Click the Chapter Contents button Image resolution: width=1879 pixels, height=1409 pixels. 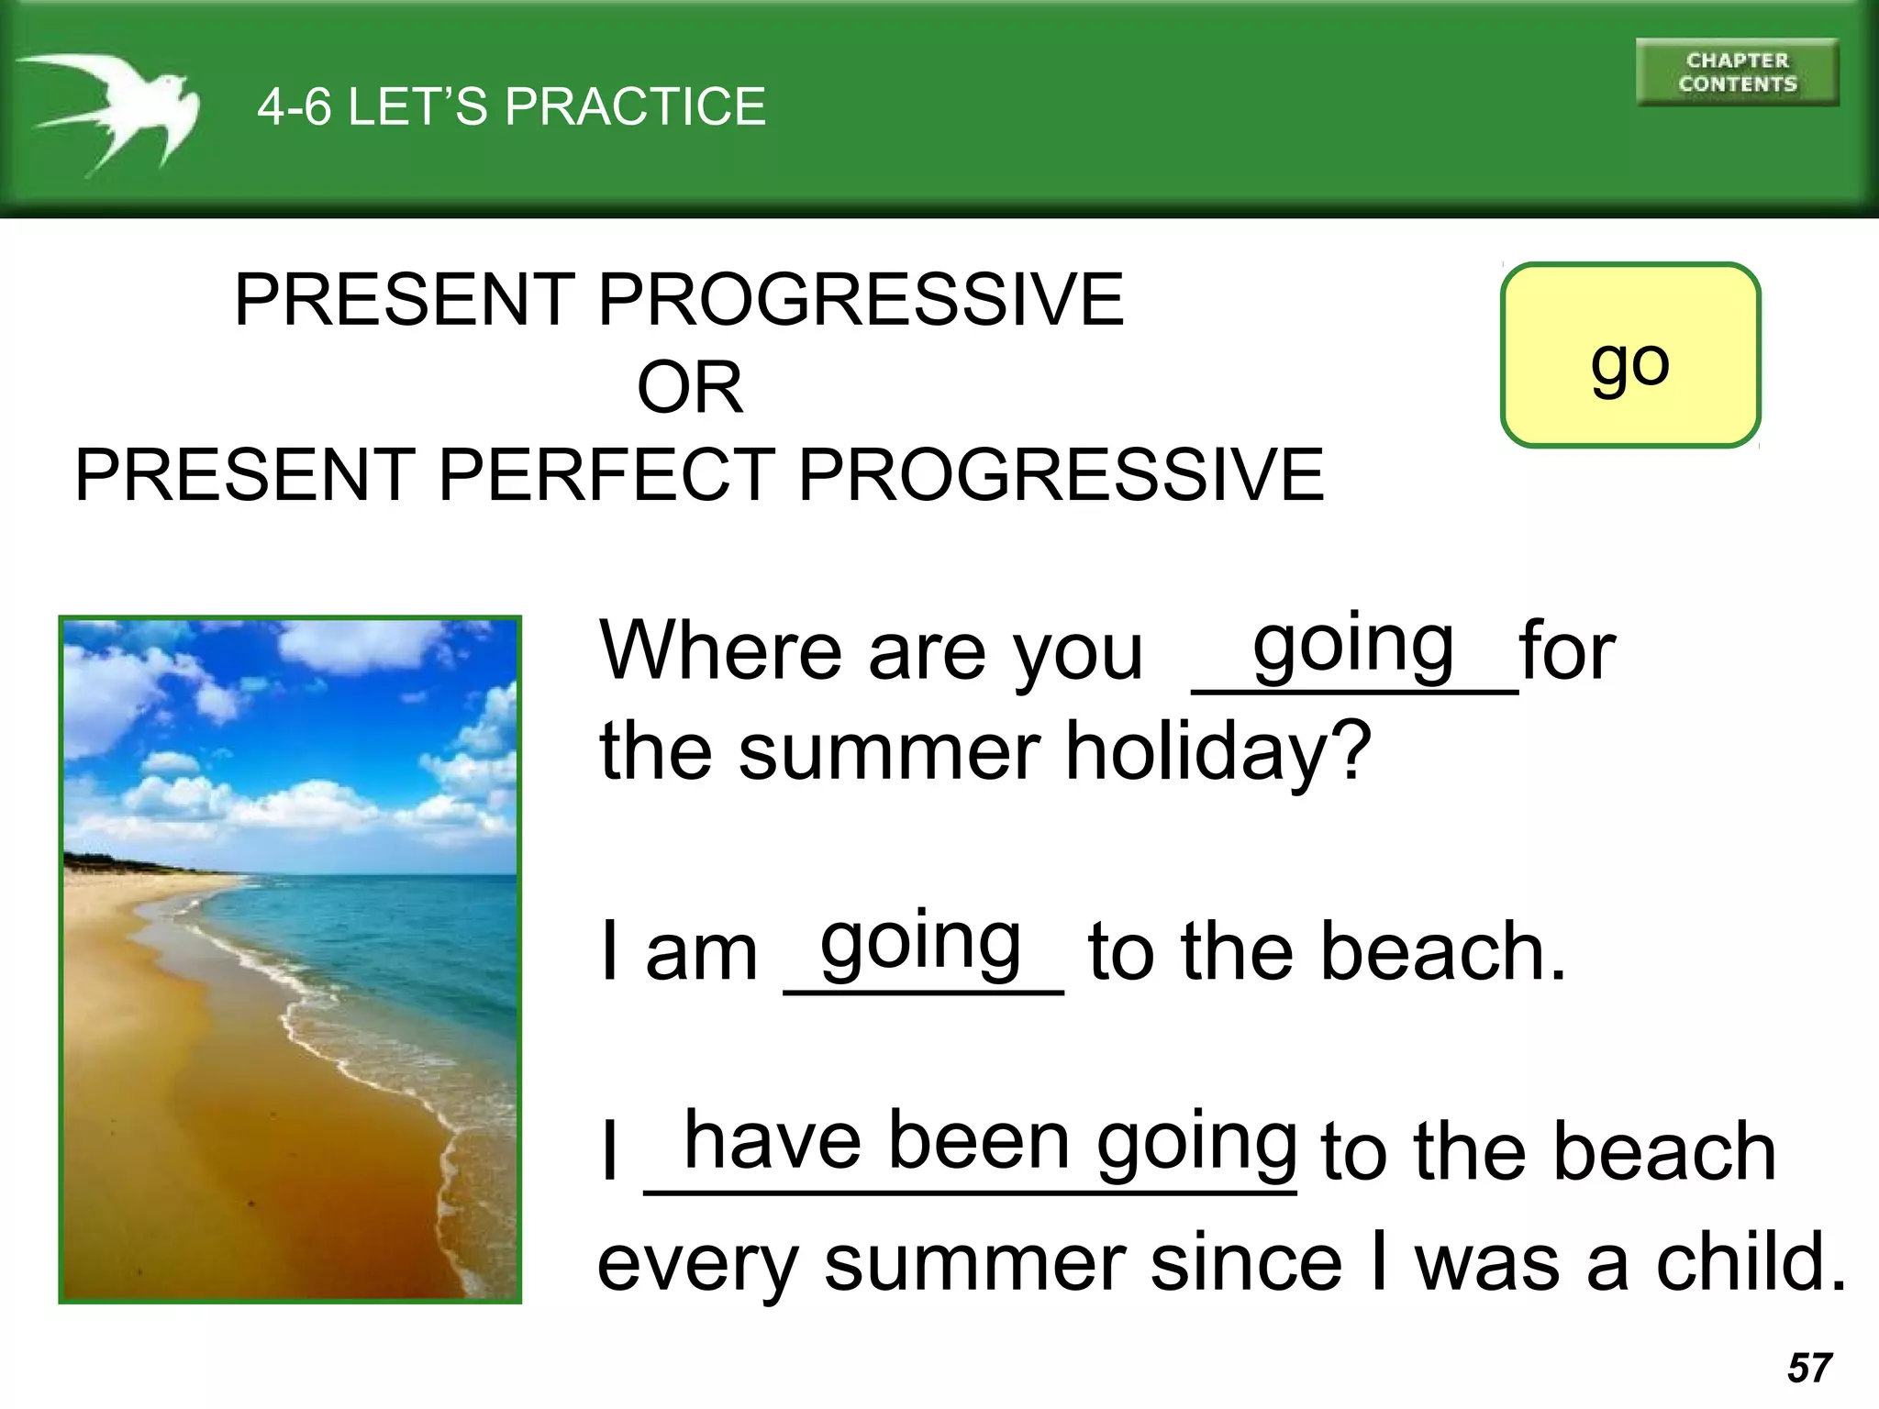(1737, 72)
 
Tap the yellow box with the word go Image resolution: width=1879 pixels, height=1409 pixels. (1630, 356)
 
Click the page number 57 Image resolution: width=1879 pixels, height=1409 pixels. (1809, 1368)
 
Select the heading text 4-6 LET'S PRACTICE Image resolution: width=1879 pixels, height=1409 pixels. (511, 106)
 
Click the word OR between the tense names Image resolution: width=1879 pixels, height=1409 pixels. (690, 388)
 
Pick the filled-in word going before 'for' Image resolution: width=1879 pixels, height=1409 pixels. (1353, 646)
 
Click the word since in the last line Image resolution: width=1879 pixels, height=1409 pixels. (1246, 1263)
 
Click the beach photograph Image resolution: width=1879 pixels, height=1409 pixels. (290, 960)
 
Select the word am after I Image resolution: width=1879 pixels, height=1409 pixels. (701, 954)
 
